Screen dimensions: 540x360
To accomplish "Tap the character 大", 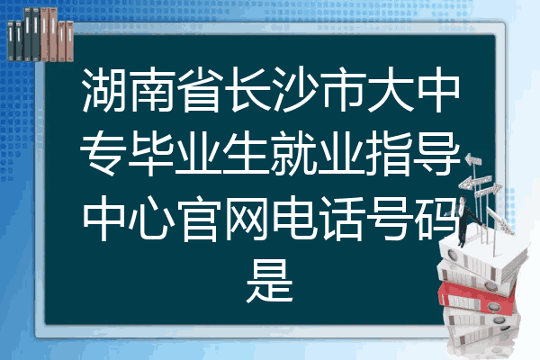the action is tap(390, 90).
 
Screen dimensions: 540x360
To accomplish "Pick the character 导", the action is tap(436, 153).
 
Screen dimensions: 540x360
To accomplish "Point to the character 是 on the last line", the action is tap(270, 281).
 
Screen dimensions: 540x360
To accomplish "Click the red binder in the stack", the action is tap(477, 297).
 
